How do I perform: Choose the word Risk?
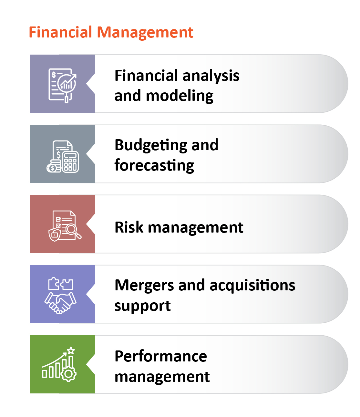pyautogui.click(x=129, y=227)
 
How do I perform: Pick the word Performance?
pyautogui.click(x=161, y=357)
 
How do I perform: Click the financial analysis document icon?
pyautogui.click(x=62, y=86)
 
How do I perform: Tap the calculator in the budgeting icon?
pyautogui.click(x=70, y=162)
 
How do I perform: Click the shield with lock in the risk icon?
pyautogui.click(x=55, y=235)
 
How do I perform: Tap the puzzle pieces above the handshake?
pyautogui.click(x=60, y=284)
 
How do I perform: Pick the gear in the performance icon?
pyautogui.click(x=68, y=374)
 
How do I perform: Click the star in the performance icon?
pyautogui.click(x=71, y=350)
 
